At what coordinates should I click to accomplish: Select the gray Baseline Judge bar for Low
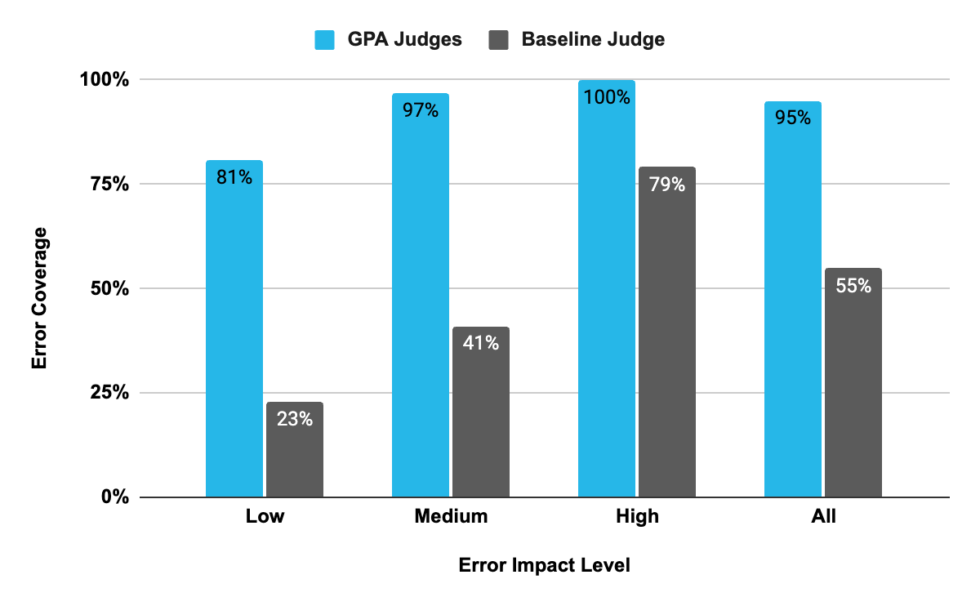click(295, 449)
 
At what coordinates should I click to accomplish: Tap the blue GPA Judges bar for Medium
click(421, 295)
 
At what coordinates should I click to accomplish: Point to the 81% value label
click(234, 176)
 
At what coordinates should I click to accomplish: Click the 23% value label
click(295, 419)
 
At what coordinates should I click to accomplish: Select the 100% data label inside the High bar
click(607, 97)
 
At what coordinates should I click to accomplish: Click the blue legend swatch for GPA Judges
click(324, 39)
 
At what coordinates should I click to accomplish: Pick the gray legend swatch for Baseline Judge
click(497, 39)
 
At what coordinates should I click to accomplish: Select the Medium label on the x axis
click(451, 516)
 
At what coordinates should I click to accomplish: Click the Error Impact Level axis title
click(544, 565)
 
